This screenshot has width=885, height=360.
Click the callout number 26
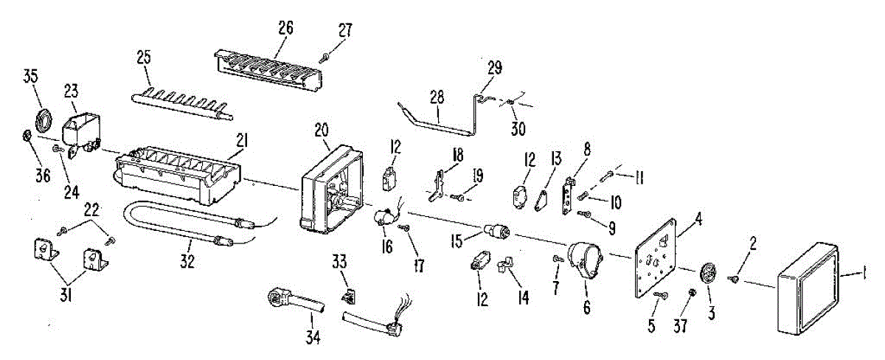(285, 28)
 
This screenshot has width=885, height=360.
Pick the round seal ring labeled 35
(44, 117)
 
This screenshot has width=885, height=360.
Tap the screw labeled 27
(324, 58)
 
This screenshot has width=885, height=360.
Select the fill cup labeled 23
(80, 130)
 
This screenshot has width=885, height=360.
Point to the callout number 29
(494, 68)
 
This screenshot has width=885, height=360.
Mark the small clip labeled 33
(344, 297)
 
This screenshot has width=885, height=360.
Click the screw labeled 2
(735, 278)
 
